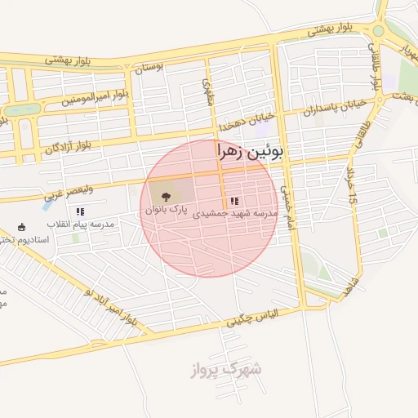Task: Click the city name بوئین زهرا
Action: pyautogui.click(x=254, y=151)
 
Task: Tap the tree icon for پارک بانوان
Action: pyautogui.click(x=167, y=197)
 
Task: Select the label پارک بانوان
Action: pyautogui.click(x=167, y=210)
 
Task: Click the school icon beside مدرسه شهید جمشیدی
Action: pyautogui.click(x=235, y=201)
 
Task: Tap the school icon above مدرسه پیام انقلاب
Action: pyautogui.click(x=79, y=211)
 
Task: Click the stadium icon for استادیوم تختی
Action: pyautogui.click(x=21, y=227)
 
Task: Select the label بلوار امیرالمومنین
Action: pyautogui.click(x=96, y=99)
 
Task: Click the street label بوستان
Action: pyautogui.click(x=149, y=67)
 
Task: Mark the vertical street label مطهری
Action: pyautogui.click(x=207, y=92)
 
